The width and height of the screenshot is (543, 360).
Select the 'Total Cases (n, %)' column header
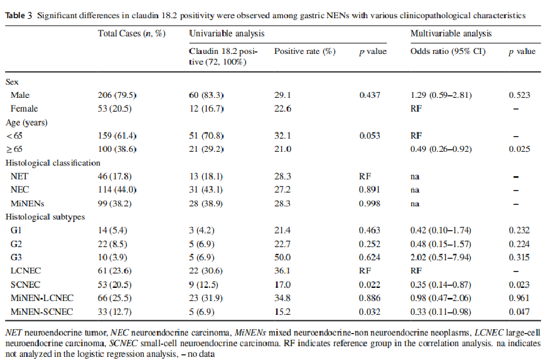click(x=132, y=33)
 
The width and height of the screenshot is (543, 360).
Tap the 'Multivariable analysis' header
click(x=451, y=33)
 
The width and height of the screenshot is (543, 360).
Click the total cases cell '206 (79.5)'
click(x=118, y=95)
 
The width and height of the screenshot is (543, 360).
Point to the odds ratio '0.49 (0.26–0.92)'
click(x=441, y=149)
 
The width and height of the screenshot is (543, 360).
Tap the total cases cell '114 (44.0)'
click(x=118, y=190)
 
